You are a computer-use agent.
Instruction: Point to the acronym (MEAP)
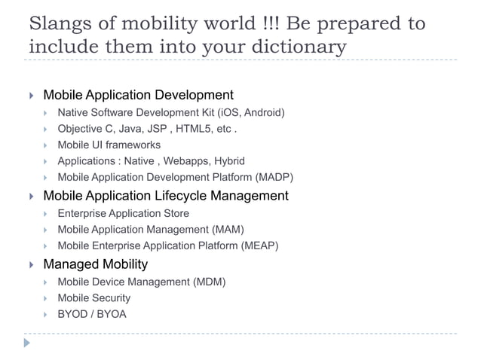pos(256,246)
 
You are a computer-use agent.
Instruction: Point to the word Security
pos(110,297)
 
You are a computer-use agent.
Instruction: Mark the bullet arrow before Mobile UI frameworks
pos(46,145)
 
